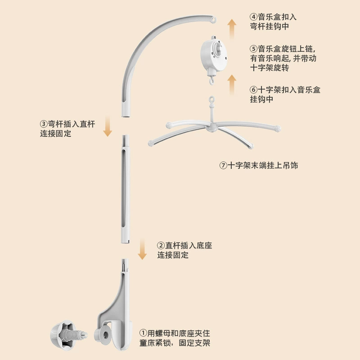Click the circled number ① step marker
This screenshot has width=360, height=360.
[143, 333]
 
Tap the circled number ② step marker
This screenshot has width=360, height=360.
[161, 245]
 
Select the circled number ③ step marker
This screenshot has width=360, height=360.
[44, 124]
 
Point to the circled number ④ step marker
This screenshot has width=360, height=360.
[253, 17]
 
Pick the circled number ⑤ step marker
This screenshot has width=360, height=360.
[253, 49]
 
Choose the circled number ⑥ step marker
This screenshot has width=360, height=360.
[253, 90]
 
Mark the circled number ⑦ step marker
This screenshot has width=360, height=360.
[223, 165]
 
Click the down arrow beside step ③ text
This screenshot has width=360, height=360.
[108, 126]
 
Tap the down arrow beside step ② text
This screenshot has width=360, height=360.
[142, 249]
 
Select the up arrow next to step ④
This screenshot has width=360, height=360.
[232, 29]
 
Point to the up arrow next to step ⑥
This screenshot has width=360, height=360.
[232, 85]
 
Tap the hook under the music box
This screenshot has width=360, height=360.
[211, 81]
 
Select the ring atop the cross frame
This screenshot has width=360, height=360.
[211, 99]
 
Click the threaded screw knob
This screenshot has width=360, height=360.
[69, 335]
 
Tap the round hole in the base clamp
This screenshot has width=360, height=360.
[106, 335]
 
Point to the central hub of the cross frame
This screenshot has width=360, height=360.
[211, 127]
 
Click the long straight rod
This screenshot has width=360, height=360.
[126, 189]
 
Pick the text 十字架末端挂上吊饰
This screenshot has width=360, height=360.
[263, 165]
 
